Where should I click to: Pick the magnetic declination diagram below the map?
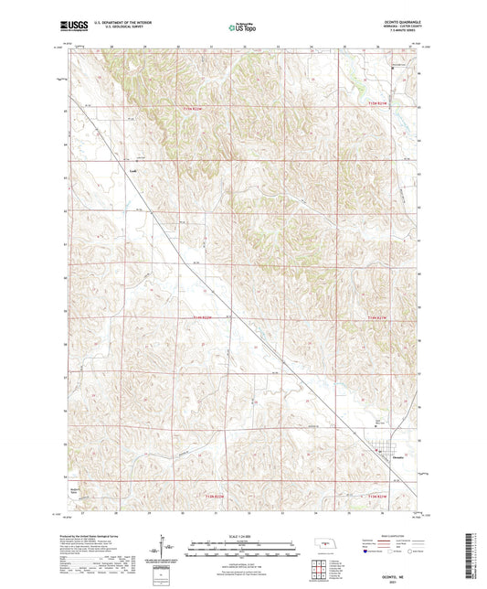click(167, 546)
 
